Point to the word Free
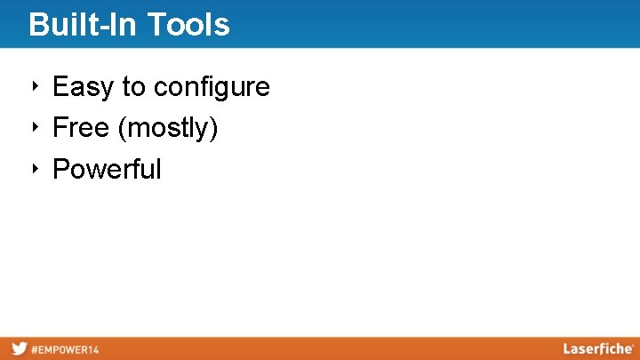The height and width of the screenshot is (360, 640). (x=82, y=128)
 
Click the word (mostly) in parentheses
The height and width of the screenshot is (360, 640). (x=168, y=129)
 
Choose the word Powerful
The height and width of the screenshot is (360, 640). (x=107, y=169)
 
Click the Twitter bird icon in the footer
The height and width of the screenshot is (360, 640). (x=19, y=349)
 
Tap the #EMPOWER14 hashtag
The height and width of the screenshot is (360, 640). (x=65, y=349)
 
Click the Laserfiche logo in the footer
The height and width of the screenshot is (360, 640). (x=597, y=348)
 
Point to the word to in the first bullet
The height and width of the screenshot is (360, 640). (x=133, y=87)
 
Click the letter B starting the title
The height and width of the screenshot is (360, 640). (x=37, y=25)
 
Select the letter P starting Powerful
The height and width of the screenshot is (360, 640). (x=60, y=169)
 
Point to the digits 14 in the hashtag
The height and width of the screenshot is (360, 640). (x=93, y=349)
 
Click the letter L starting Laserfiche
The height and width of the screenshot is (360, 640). (x=567, y=348)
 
